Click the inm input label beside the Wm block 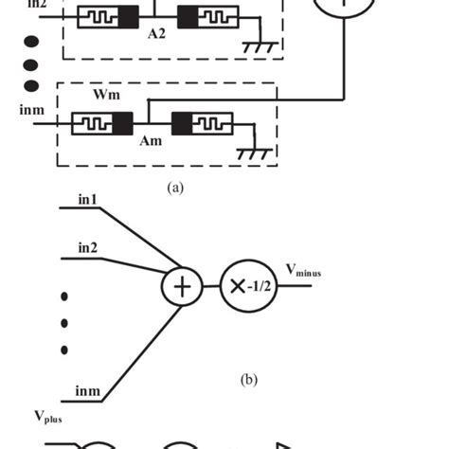[x=32, y=110]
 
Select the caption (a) [x=173, y=188]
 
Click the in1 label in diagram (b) [x=88, y=200]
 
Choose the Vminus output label [x=303, y=273]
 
